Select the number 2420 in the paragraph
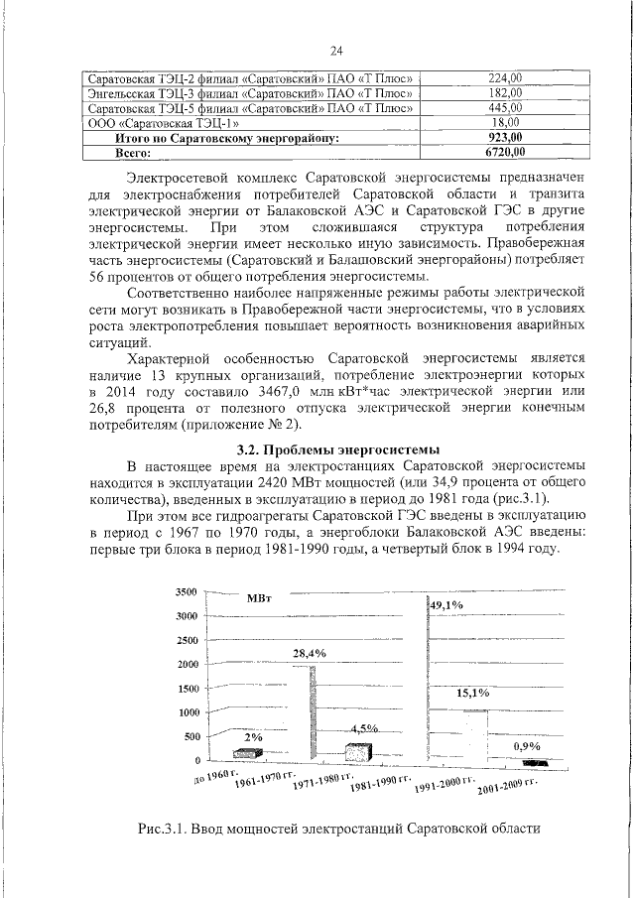297,482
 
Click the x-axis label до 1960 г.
215,776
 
